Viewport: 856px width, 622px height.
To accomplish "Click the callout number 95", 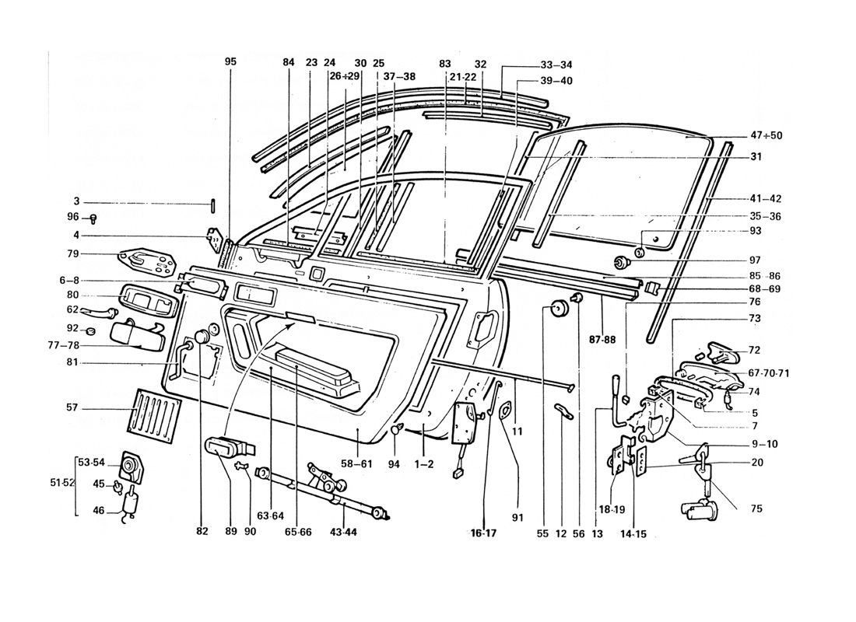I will [230, 61].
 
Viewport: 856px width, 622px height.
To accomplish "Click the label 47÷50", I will [767, 135].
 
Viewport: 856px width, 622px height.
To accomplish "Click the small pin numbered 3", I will [212, 204].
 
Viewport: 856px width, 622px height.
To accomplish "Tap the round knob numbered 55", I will [556, 309].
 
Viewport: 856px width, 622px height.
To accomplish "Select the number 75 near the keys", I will [756, 509].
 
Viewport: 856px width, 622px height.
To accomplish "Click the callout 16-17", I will [482, 533].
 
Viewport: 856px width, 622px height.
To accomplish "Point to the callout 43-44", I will [343, 533].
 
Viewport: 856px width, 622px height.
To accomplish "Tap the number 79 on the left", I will [73, 253].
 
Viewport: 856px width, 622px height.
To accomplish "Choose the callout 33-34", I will [556, 65].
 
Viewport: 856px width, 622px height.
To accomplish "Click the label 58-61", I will [356, 464].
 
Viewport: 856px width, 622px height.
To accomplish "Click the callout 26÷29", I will [345, 76].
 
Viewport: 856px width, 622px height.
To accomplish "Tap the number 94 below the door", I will [395, 464].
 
